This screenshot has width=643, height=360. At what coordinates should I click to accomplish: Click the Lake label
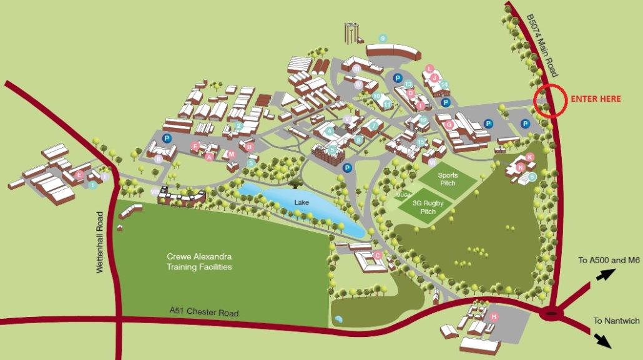pyautogui.click(x=303, y=203)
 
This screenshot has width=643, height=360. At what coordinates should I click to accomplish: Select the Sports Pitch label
pyautogui.click(x=448, y=179)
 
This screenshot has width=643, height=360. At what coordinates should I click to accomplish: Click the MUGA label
pyautogui.click(x=401, y=195)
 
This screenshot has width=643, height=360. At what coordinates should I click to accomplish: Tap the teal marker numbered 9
pyautogui.click(x=383, y=39)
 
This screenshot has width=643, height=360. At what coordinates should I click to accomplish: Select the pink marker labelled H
pyautogui.click(x=494, y=317)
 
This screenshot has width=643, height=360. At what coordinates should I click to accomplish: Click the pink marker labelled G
pyautogui.click(x=449, y=125)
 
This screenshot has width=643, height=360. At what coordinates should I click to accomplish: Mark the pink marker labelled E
pyautogui.click(x=79, y=175)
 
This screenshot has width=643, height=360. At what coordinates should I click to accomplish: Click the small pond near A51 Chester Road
pyautogui.click(x=338, y=319)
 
